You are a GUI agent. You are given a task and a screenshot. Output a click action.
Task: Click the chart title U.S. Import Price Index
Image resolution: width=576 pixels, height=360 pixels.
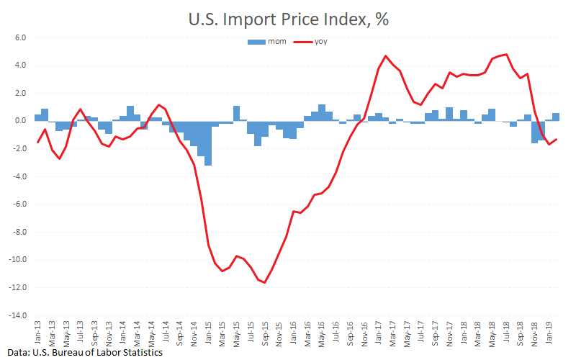[x=288, y=19]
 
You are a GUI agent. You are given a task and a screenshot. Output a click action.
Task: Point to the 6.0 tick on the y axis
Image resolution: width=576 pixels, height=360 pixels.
[x=19, y=37]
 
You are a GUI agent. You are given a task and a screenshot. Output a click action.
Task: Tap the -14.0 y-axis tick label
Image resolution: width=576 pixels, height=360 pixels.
[x=17, y=315]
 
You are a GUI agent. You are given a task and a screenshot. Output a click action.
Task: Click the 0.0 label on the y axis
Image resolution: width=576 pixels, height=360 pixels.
[x=19, y=121]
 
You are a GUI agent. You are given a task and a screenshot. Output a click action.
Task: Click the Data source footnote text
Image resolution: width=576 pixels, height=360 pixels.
[x=82, y=353]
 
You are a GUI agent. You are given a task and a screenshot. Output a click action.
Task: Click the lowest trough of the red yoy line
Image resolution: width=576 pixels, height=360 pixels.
[x=265, y=282]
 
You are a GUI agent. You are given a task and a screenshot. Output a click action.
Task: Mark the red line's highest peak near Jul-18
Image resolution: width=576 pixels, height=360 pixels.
[x=507, y=54]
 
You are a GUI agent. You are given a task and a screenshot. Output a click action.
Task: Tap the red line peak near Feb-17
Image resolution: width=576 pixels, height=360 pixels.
[x=386, y=55]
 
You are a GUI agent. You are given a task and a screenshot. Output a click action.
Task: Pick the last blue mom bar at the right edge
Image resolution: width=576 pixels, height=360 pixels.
[x=556, y=117]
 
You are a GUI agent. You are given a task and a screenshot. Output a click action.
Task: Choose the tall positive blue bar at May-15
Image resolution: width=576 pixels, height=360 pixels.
[x=236, y=113]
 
